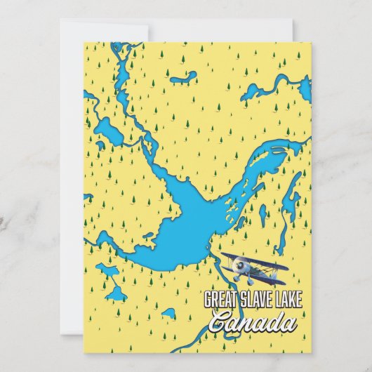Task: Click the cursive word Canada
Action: point(253,324)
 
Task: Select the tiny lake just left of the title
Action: point(168,314)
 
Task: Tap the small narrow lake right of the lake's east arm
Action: point(263,213)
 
